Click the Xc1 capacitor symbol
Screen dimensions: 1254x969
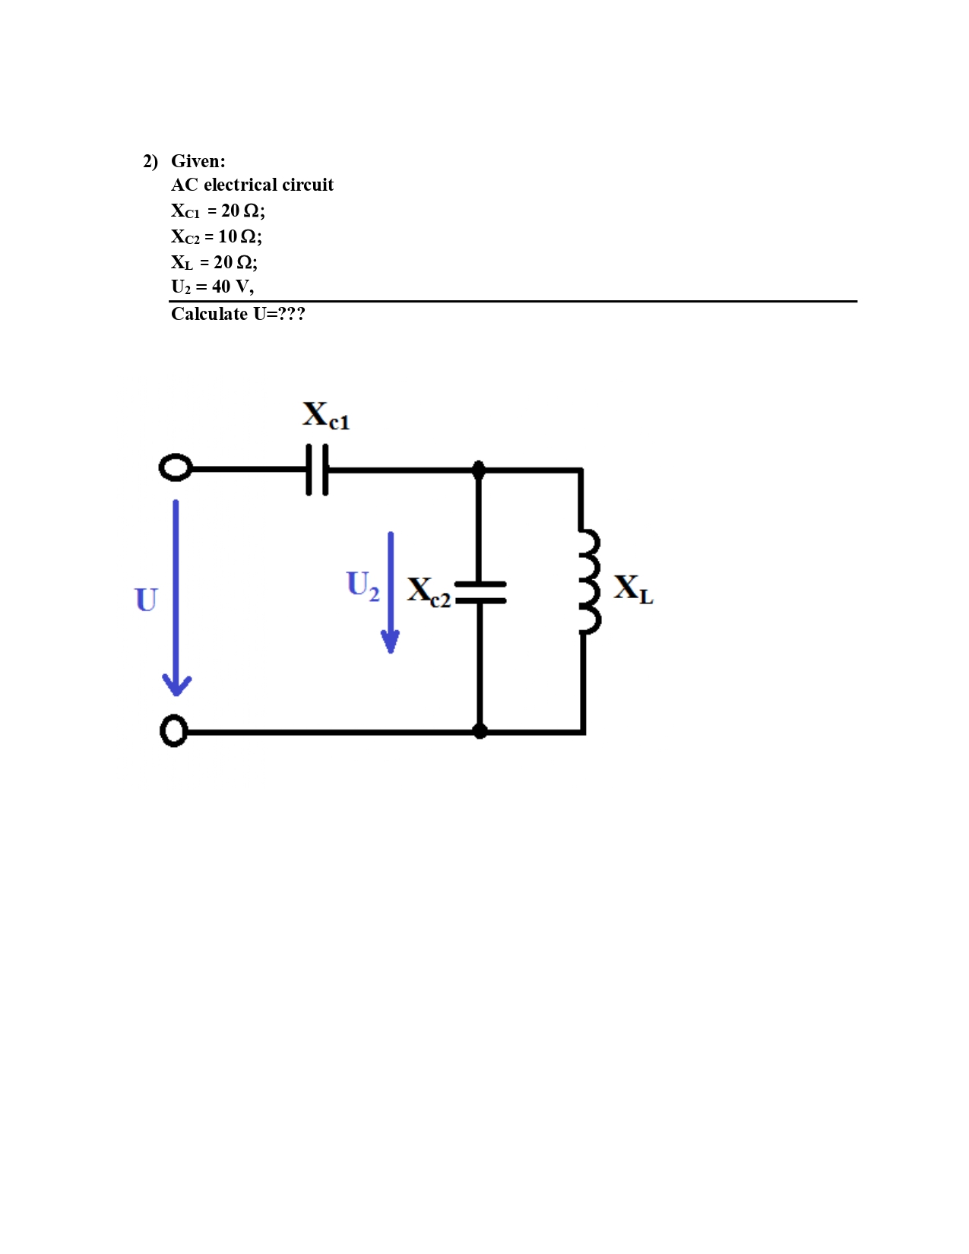click(x=317, y=470)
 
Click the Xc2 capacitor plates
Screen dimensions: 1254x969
click(x=480, y=592)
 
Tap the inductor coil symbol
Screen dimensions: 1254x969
click(x=588, y=582)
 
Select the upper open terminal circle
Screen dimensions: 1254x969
click(x=176, y=467)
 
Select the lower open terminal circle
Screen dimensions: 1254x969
click(x=174, y=731)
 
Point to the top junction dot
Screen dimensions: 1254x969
click(x=479, y=470)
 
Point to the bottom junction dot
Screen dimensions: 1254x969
click(x=480, y=731)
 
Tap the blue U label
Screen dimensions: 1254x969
click(x=146, y=600)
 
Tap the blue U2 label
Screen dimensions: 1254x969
click(x=363, y=585)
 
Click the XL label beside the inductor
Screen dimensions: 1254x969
click(x=633, y=589)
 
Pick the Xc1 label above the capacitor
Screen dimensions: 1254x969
click(x=326, y=416)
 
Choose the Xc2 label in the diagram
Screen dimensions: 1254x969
click(x=428, y=591)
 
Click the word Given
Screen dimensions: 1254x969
click(x=198, y=161)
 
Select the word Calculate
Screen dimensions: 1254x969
click(x=209, y=314)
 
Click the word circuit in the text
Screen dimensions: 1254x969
click(x=308, y=185)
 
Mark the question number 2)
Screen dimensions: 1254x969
click(x=150, y=161)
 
